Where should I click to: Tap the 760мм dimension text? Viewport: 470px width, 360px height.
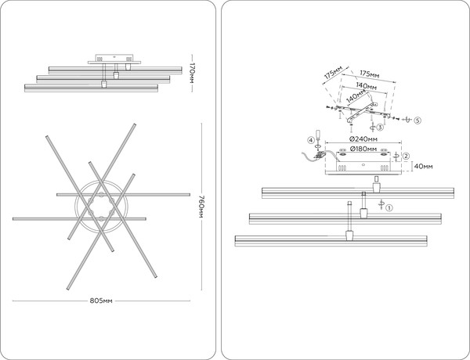pos(201,207)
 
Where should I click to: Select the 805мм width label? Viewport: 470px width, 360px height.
pos(101,301)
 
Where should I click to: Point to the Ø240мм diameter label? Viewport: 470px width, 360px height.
pos(363,139)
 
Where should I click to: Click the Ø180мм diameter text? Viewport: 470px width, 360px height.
pos(363,149)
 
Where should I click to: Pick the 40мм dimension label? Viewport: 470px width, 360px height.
pos(423,166)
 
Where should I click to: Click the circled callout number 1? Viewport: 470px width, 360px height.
pos(389,207)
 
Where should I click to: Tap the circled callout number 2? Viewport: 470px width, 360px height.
pos(406,156)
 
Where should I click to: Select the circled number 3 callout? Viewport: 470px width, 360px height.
pos(380,128)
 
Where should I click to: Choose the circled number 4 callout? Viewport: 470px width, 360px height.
pos(311,140)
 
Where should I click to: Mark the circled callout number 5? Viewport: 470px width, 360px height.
pos(418,121)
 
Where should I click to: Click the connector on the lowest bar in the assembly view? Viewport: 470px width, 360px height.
pos(349,236)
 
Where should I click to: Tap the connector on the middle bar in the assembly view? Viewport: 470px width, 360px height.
pos(363,213)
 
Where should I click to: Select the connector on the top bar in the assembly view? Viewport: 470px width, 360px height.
pos(376,188)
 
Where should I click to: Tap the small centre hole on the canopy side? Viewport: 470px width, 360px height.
pos(363,164)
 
